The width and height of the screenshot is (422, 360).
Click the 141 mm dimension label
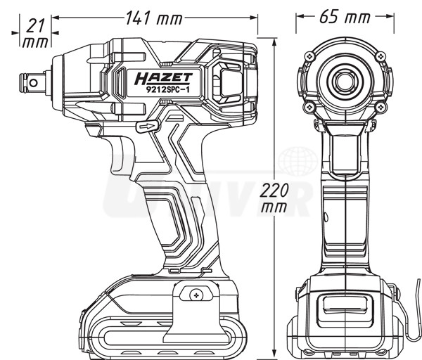[x=154, y=18]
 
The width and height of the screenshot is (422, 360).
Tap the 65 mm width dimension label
[x=345, y=17]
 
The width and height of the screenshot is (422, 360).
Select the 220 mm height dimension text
[x=274, y=198]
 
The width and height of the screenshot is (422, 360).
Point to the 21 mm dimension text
[x=36, y=34]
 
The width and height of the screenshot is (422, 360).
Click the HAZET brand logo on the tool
[x=164, y=78]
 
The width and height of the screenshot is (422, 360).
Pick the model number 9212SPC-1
[x=167, y=89]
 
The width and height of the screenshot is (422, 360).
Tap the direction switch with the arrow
[x=148, y=126]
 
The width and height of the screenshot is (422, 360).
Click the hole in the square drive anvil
[x=33, y=82]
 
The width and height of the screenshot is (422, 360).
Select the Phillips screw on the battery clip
[x=196, y=295]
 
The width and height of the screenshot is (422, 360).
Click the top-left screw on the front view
[x=310, y=56]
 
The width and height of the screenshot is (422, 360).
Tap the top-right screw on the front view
[x=381, y=57]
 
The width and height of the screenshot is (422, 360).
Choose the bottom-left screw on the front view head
[x=309, y=107]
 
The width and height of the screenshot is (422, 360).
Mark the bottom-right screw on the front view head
[x=381, y=107]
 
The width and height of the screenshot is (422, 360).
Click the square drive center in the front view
[x=345, y=81]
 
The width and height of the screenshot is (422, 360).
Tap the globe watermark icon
[x=298, y=162]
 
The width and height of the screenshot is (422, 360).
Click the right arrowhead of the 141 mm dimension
[x=253, y=18]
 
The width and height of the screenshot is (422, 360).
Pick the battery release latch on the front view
[x=345, y=309]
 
